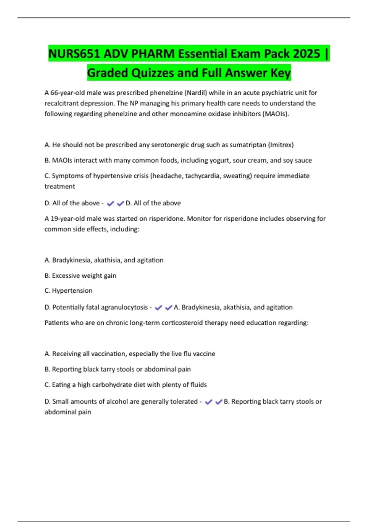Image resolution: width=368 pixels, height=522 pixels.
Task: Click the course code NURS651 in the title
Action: click(x=74, y=54)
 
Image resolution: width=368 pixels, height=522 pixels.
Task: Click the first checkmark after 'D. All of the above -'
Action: click(x=110, y=203)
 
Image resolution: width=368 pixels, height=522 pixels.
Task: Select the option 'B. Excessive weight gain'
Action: click(x=80, y=276)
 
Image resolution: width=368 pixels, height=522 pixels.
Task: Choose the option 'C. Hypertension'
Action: click(x=68, y=290)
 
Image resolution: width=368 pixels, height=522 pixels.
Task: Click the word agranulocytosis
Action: click(x=124, y=307)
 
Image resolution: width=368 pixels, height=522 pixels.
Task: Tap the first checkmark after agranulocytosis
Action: click(x=158, y=308)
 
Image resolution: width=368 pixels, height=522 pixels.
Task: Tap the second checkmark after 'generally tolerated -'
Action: click(x=219, y=402)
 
